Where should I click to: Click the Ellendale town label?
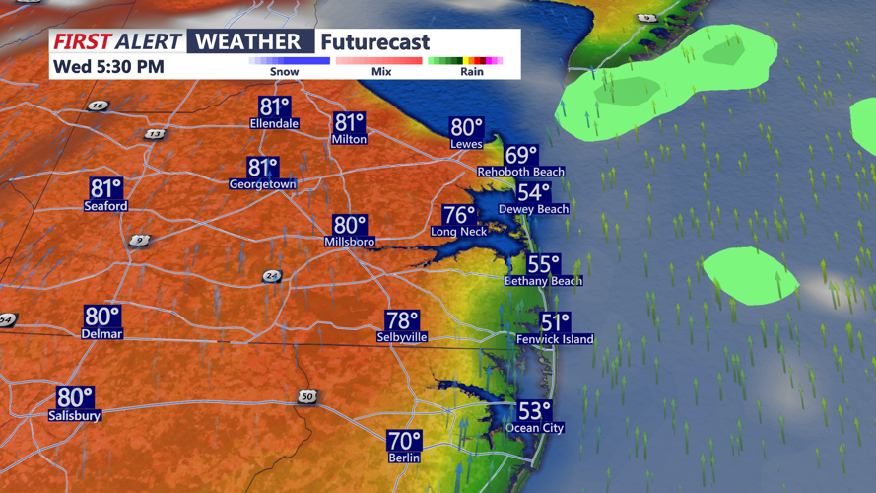click(274, 124)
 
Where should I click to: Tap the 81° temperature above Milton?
click(350, 123)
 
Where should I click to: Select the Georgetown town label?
click(262, 184)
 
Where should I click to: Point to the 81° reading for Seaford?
click(106, 188)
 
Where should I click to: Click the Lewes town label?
click(466, 144)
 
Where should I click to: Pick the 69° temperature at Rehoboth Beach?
click(521, 156)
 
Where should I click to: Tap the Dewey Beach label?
click(533, 209)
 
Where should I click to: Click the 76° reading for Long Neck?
click(459, 215)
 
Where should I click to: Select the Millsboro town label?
click(350, 242)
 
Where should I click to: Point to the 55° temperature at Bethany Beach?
click(543, 264)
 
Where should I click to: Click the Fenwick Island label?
click(555, 339)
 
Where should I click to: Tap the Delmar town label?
click(102, 334)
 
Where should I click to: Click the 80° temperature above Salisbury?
click(75, 398)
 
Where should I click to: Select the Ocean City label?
click(534, 428)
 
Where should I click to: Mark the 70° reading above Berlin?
click(404, 441)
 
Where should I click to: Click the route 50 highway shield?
click(307, 396)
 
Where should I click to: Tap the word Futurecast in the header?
click(375, 42)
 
